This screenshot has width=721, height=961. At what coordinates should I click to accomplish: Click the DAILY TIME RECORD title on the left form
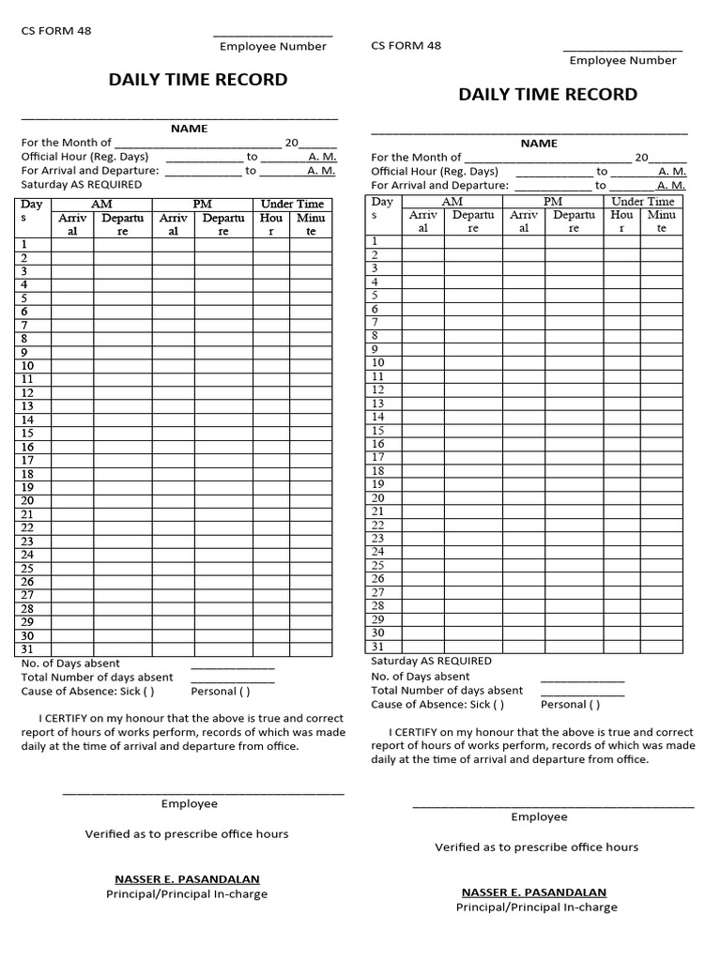[198, 80]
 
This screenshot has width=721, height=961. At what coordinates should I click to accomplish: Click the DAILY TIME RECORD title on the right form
[547, 95]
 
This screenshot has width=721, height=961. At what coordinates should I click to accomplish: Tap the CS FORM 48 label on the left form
[56, 31]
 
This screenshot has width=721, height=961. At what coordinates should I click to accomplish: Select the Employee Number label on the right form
[622, 60]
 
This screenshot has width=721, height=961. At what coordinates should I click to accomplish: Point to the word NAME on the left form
[189, 129]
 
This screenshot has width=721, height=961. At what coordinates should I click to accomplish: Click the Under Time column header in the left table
[292, 204]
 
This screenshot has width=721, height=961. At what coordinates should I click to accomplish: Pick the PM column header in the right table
[553, 201]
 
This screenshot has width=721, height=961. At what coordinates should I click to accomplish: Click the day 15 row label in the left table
[27, 433]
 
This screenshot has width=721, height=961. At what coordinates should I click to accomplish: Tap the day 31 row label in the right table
[377, 647]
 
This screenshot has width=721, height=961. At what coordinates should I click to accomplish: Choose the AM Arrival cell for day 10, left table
[72, 366]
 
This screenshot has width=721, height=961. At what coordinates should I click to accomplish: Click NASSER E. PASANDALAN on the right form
[533, 892]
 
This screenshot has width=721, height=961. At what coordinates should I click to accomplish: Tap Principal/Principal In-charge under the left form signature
[187, 894]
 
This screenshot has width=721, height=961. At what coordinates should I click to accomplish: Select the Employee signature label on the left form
[189, 803]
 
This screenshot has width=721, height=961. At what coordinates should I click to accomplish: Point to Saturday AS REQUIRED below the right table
[431, 661]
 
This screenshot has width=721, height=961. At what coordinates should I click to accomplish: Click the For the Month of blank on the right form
[547, 158]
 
